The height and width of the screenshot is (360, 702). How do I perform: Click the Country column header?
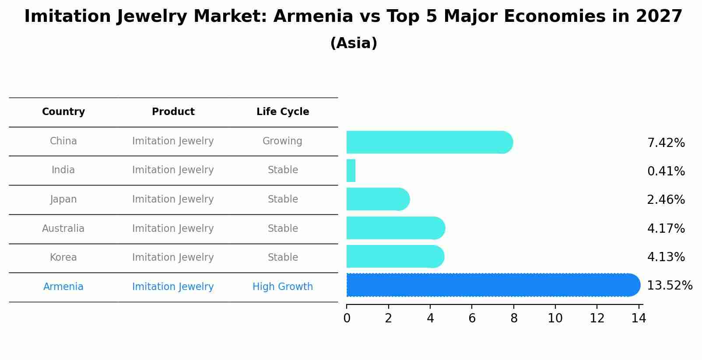coord(63,112)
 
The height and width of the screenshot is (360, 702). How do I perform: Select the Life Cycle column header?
coord(283,112)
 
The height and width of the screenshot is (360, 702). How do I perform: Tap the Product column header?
coord(173,112)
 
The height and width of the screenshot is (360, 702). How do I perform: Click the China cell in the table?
coord(63,141)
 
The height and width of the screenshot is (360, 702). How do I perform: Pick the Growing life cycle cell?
coord(282,141)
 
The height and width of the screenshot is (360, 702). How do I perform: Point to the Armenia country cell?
coord(63,287)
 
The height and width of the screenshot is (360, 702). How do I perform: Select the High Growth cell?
coord(283,287)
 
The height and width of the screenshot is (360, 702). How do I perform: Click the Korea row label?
coord(63,258)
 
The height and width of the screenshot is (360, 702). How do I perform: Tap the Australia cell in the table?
coord(63,229)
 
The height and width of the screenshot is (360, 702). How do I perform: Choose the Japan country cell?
coord(63,199)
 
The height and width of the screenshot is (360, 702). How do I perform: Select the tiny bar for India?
coord(351,171)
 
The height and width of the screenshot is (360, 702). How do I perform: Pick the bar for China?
coord(429,142)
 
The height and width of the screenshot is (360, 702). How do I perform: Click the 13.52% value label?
coord(670,286)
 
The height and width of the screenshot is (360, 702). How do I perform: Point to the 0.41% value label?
coord(666,171)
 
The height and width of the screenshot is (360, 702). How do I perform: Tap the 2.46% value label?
coord(666,200)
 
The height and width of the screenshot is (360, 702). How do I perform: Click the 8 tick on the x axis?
coord(514,318)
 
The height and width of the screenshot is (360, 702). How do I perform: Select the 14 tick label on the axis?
coord(639,318)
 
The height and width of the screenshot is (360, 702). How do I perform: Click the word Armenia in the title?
coord(313,17)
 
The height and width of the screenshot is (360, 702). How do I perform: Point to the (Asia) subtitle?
coord(354,43)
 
